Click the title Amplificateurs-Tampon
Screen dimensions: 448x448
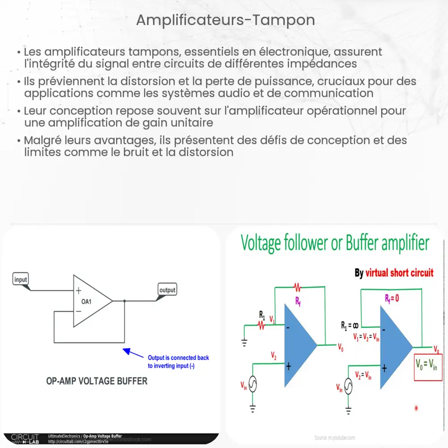click(x=225, y=20)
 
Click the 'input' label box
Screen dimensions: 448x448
click(x=21, y=280)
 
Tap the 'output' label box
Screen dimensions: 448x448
click(x=168, y=290)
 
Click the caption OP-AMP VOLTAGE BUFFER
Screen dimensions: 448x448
click(x=97, y=381)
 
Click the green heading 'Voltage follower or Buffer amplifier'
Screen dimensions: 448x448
click(x=335, y=244)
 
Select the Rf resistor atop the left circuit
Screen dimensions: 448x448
click(x=298, y=286)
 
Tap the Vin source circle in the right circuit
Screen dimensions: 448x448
click(x=349, y=388)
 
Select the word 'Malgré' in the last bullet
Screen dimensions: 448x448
click(x=43, y=140)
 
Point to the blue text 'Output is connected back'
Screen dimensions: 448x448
click(x=178, y=358)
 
